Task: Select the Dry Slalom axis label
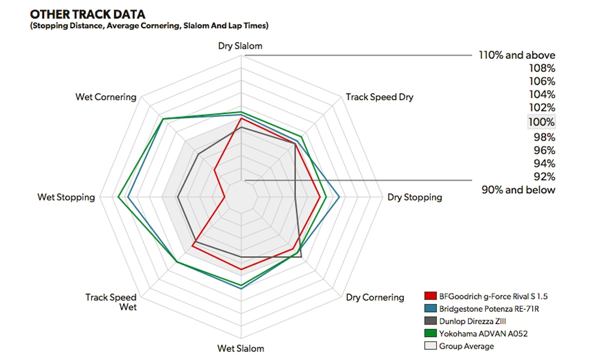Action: click(240, 46)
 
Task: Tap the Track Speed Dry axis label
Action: click(379, 97)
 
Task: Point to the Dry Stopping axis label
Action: click(415, 197)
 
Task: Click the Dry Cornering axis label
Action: click(375, 297)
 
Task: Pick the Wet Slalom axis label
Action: click(240, 348)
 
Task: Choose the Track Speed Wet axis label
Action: click(111, 302)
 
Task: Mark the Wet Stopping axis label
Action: click(66, 197)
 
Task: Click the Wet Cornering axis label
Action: click(106, 97)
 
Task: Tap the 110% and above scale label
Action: click(517, 55)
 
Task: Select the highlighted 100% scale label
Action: click(541, 122)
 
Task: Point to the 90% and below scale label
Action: click(518, 190)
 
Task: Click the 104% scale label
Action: click(542, 94)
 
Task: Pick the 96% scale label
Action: click(544, 150)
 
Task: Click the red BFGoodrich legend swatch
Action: click(430, 296)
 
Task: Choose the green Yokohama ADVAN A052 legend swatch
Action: click(430, 334)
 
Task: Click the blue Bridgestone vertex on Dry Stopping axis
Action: click(340, 197)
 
